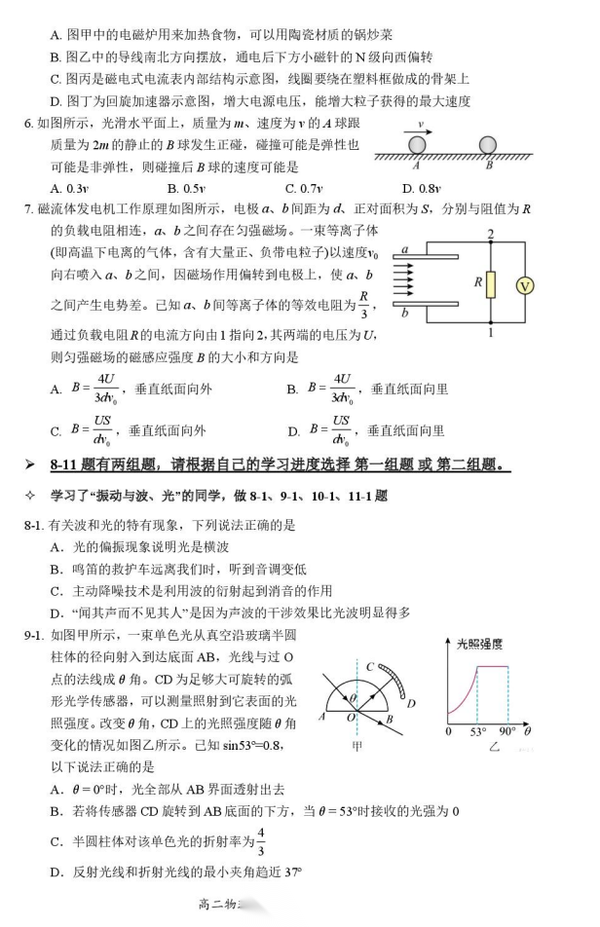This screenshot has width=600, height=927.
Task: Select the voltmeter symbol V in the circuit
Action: pyautogui.click(x=553, y=285)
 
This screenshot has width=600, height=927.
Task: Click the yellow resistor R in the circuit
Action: pyautogui.click(x=492, y=283)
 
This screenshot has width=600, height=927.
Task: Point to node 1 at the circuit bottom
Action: pyautogui.click(x=492, y=333)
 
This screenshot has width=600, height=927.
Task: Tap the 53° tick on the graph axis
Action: pyautogui.click(x=477, y=730)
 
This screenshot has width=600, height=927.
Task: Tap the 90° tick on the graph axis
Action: pyautogui.click(x=508, y=730)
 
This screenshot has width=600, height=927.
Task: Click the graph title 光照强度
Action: pyautogui.click(x=479, y=644)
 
